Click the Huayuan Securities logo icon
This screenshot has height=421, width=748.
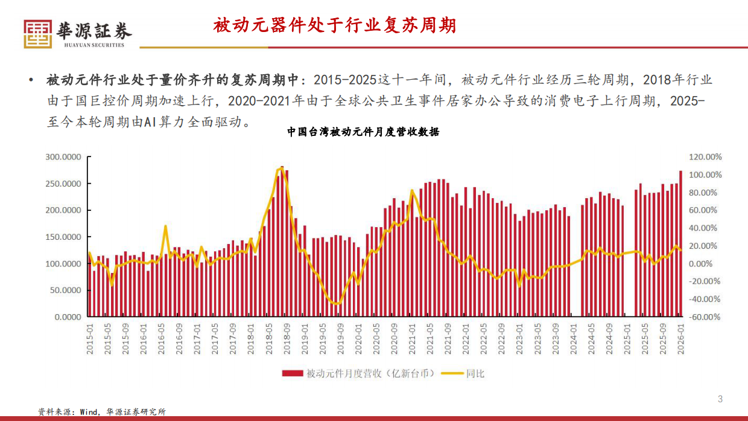tap(38, 34)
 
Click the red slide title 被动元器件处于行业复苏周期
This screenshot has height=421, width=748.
tap(334, 25)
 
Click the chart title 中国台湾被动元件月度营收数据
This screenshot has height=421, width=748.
tap(363, 132)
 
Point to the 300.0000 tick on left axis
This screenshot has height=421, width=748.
tap(64, 157)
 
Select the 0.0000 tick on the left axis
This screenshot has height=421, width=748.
tap(68, 317)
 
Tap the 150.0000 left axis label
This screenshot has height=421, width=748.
tap(64, 237)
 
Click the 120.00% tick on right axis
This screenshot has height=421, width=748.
tap(705, 157)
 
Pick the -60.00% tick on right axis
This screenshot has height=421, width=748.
tap(705, 317)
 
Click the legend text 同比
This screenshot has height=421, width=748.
tap(475, 373)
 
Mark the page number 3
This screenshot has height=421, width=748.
tap(720, 399)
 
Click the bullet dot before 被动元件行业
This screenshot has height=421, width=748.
tap(30, 81)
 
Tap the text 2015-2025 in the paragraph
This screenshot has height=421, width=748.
tap(343, 80)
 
